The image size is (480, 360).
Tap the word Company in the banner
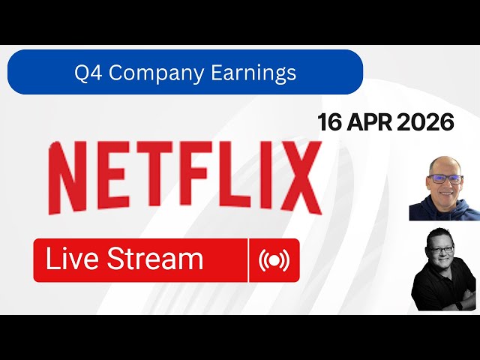click(154, 73)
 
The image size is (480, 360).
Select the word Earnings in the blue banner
click(253, 73)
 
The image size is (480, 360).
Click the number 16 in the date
click(329, 122)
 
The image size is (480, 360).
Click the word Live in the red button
click(73, 259)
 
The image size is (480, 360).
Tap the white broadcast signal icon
click(274, 260)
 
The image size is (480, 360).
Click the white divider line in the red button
click(248, 260)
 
